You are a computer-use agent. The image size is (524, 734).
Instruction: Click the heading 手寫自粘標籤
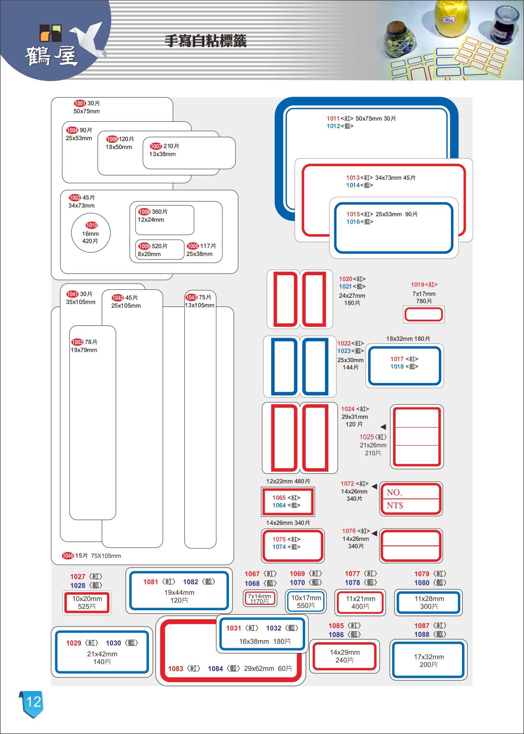[206, 41]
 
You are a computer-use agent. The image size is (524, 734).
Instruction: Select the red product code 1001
[80, 103]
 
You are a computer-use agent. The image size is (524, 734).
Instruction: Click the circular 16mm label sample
[91, 233]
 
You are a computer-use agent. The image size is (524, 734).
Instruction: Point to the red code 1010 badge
[92, 225]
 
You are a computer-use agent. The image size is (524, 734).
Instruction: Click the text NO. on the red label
[394, 493]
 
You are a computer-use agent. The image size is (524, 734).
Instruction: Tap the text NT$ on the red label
[395, 506]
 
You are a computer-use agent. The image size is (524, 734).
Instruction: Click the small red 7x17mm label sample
[424, 314]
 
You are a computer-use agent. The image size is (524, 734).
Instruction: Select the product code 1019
[417, 284]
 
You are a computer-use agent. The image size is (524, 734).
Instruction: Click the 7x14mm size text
[259, 596]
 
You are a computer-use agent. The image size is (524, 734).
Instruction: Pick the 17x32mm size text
[429, 657]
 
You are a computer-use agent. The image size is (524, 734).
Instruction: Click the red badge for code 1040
[68, 556]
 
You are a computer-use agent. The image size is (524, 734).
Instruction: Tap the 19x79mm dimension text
[84, 350]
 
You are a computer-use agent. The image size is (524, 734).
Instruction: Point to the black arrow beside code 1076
[374, 533]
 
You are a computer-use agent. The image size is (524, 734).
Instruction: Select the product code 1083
[176, 669]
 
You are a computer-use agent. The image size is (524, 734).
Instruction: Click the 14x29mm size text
[345, 652]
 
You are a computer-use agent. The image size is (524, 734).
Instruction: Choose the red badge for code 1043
[191, 297]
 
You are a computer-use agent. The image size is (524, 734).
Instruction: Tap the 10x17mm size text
[306, 598]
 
